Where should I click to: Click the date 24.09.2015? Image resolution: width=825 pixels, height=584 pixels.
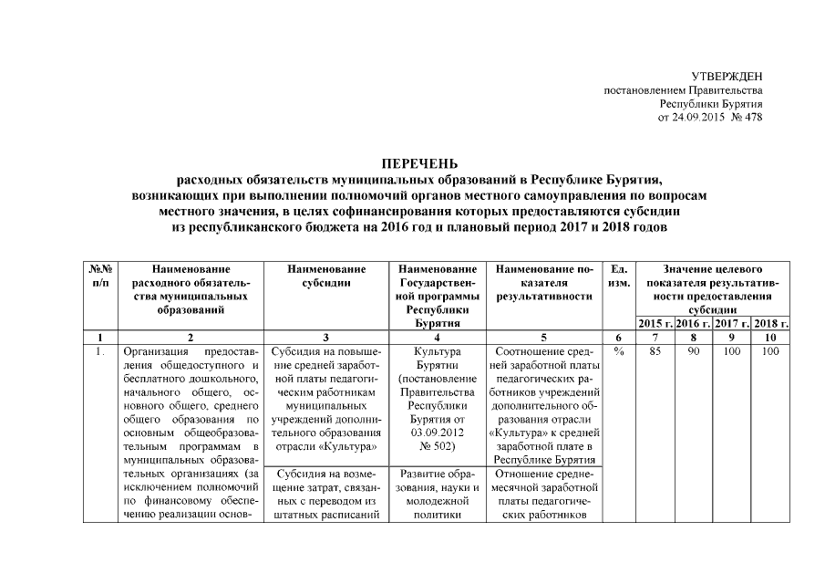coord(697,118)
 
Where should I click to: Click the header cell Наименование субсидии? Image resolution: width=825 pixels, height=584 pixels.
coord(325,276)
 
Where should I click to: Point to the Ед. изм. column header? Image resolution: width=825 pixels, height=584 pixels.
coord(618,276)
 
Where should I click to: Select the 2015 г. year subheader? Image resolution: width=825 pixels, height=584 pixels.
coord(655,323)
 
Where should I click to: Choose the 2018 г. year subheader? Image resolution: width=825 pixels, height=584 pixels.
coord(771,323)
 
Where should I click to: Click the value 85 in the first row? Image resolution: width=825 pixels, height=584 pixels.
coord(655,350)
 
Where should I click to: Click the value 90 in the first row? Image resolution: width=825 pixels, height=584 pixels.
coord(694,350)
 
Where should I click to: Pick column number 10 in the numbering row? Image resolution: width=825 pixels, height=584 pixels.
coord(771,337)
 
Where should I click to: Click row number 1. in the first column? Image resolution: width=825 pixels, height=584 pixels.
coord(99,350)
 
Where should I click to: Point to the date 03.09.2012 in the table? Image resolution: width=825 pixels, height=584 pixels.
coord(437,433)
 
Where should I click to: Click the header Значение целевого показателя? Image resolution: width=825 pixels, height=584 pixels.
coord(713,270)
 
